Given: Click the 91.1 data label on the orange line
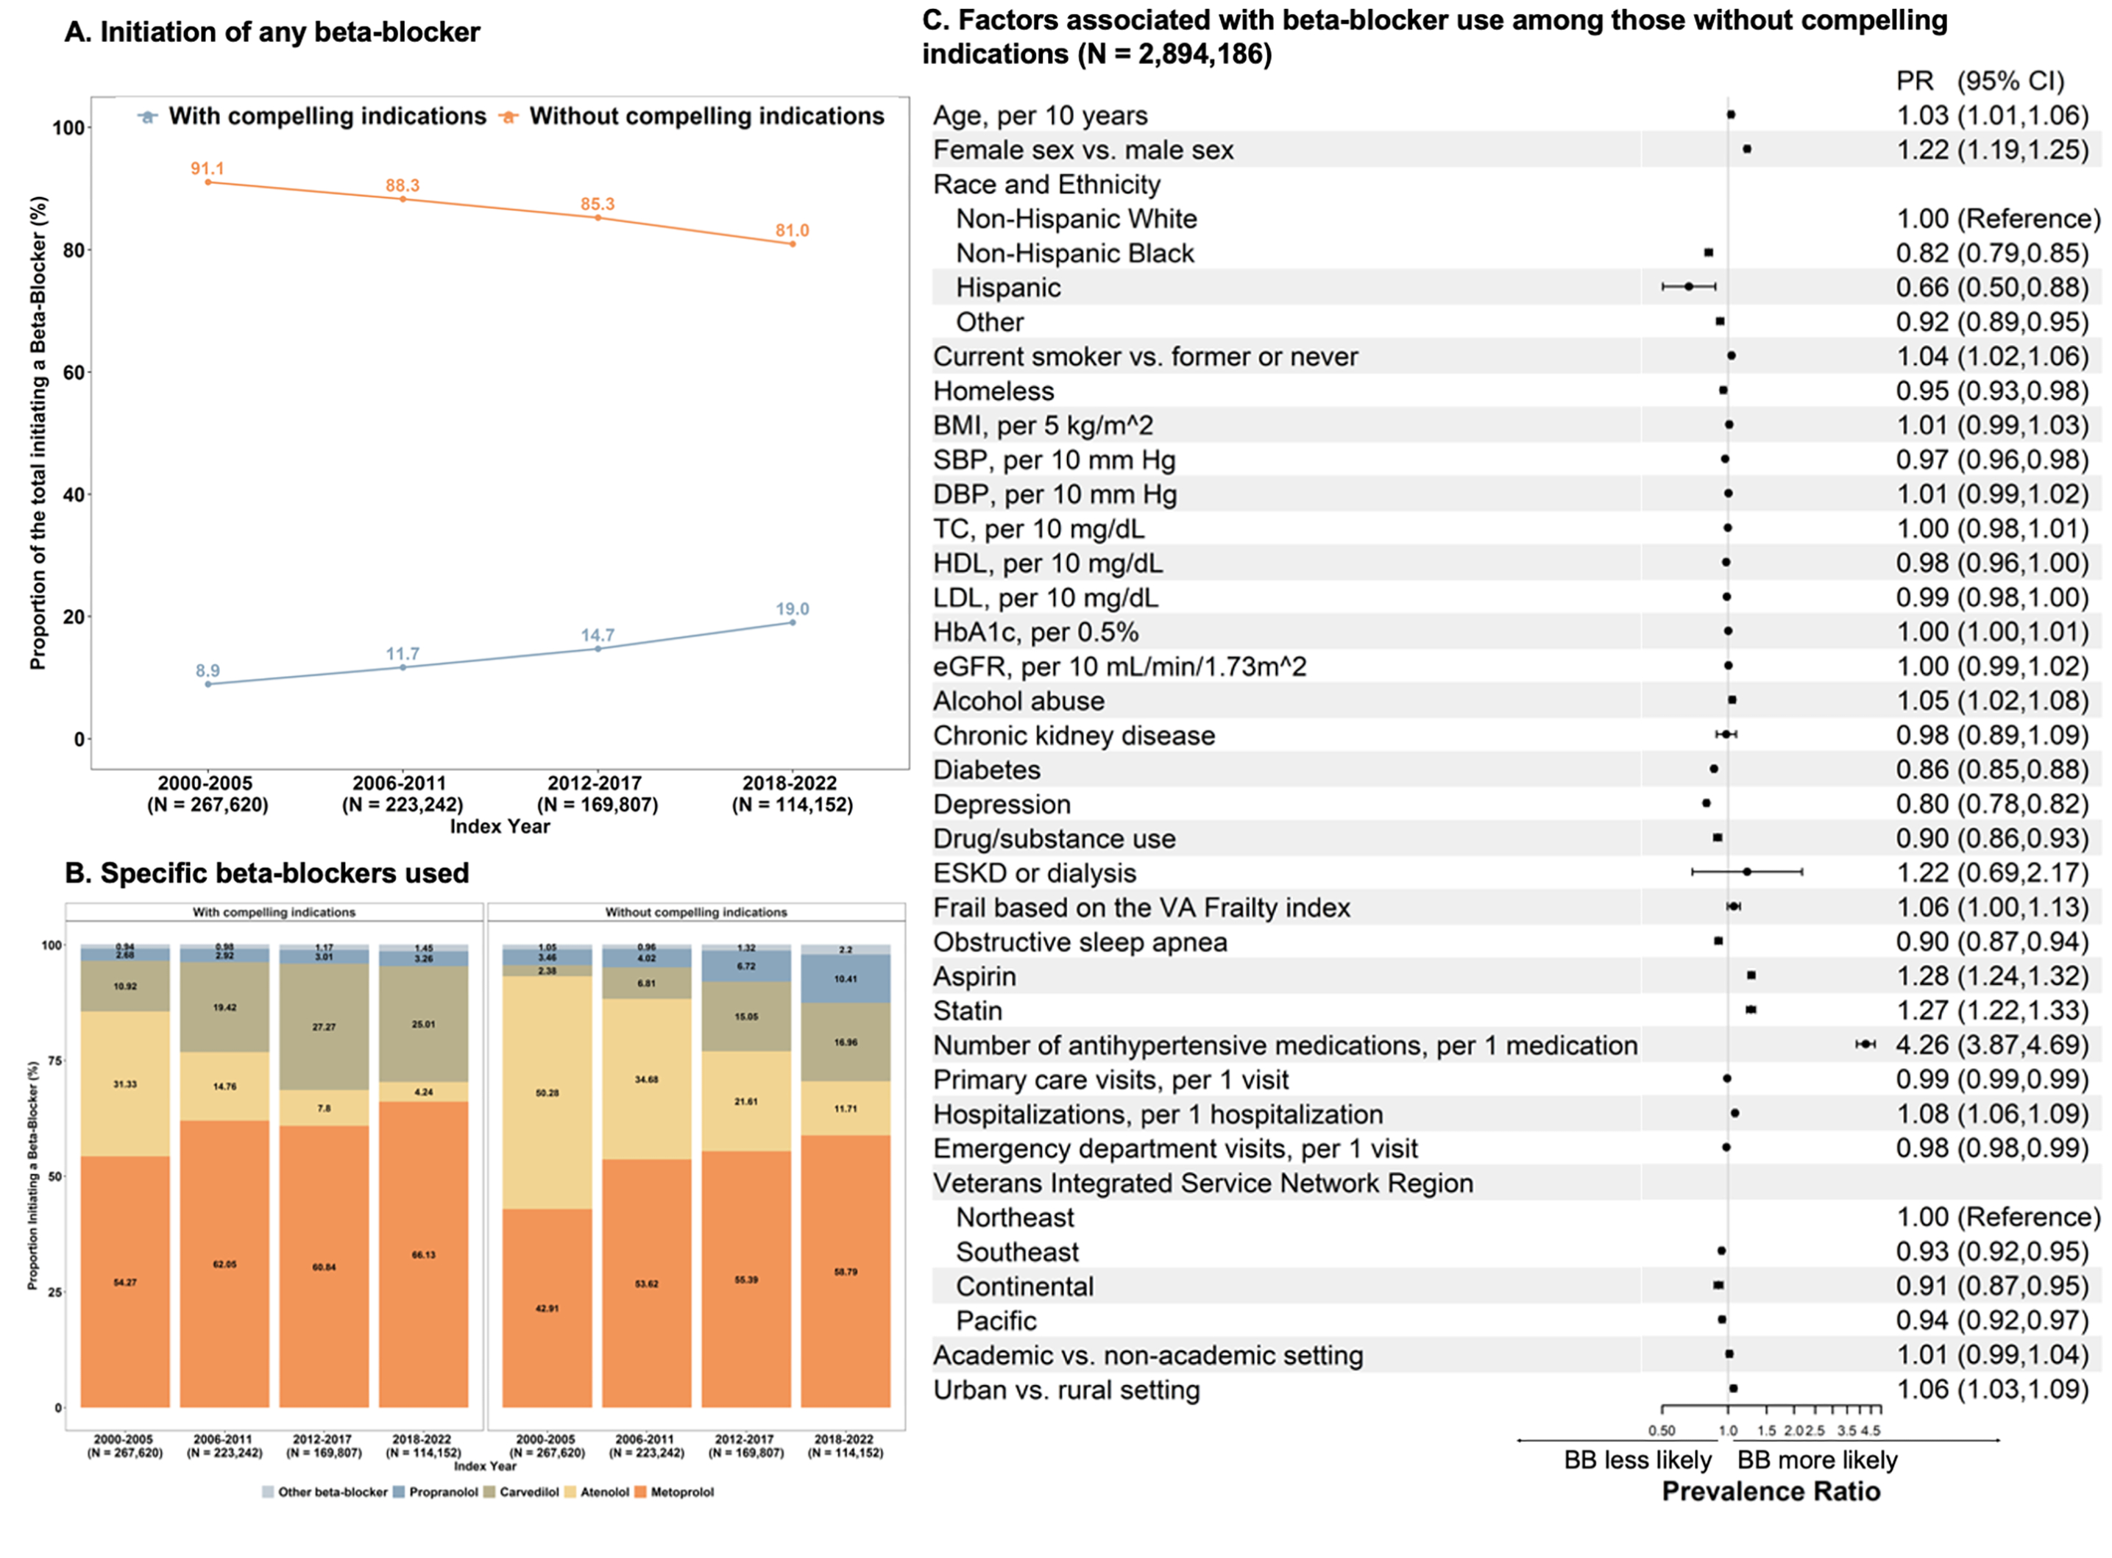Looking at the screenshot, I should [208, 168].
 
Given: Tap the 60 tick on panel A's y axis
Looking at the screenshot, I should [74, 372].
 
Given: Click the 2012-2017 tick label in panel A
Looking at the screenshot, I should [596, 783].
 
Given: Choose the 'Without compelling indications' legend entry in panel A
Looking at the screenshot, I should [706, 117].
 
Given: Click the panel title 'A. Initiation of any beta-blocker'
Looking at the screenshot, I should [272, 33].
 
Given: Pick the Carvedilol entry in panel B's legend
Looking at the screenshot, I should [528, 1492].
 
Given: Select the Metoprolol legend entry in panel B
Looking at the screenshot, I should [681, 1492].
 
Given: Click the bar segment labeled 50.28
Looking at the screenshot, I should [547, 1093].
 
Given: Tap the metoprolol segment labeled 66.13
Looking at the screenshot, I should [424, 1254].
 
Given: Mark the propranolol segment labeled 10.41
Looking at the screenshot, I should [846, 979].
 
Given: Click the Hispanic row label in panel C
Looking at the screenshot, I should [1007, 288].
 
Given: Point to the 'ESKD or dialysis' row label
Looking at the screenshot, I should [1034, 873].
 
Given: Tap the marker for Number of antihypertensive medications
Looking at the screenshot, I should [1865, 1044].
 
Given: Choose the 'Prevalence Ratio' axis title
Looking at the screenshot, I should [1771, 1491].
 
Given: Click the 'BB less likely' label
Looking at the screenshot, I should [1637, 1460].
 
